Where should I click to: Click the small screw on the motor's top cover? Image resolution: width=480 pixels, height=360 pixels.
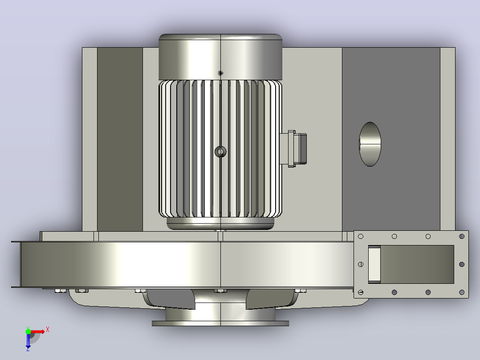(x=220, y=73)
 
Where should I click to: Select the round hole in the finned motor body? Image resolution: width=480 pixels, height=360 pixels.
(x=220, y=151)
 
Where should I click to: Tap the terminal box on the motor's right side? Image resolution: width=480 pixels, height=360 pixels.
(x=293, y=149)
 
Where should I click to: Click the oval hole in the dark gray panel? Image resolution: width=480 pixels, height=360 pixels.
(x=370, y=144)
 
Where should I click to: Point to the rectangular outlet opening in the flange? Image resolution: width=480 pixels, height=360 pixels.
(x=411, y=264)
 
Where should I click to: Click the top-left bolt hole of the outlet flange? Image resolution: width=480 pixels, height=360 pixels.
(x=361, y=236)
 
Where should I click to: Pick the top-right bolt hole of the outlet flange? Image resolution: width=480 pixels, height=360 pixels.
(x=462, y=236)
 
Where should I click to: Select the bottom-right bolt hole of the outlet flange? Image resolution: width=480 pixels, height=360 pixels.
(x=462, y=292)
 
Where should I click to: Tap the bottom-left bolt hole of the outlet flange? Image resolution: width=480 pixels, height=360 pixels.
(x=361, y=292)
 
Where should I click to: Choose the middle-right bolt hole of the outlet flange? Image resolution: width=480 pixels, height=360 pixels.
(x=462, y=264)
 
